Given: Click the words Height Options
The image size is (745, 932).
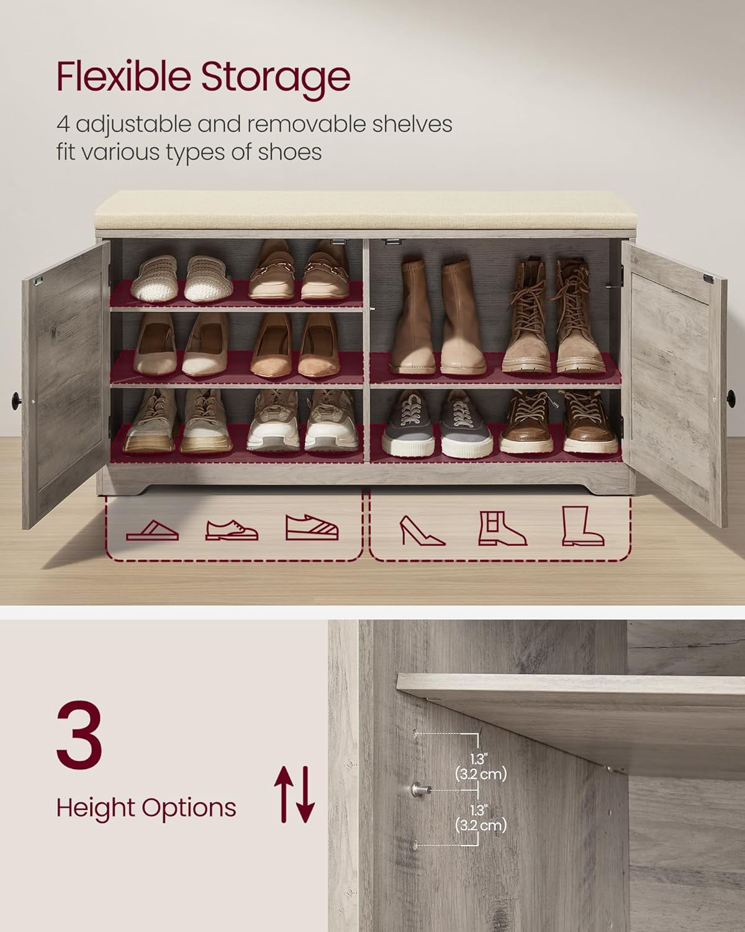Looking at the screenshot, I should [x=146, y=808].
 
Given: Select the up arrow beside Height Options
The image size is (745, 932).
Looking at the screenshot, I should [x=283, y=793].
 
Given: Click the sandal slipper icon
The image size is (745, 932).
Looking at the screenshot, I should [x=152, y=529].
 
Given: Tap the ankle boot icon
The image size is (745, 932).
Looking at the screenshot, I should [x=502, y=528].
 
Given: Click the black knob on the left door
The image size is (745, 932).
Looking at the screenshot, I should [x=16, y=396].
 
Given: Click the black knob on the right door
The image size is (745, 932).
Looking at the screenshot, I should [x=730, y=395].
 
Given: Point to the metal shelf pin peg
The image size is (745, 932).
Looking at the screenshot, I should [x=417, y=790].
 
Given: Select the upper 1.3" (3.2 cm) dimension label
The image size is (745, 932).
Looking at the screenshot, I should [x=481, y=767].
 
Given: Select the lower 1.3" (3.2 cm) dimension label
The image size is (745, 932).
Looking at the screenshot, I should [x=481, y=818].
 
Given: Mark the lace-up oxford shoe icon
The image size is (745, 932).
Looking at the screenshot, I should [x=232, y=530].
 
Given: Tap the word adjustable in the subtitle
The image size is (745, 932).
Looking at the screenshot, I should [x=132, y=124].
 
